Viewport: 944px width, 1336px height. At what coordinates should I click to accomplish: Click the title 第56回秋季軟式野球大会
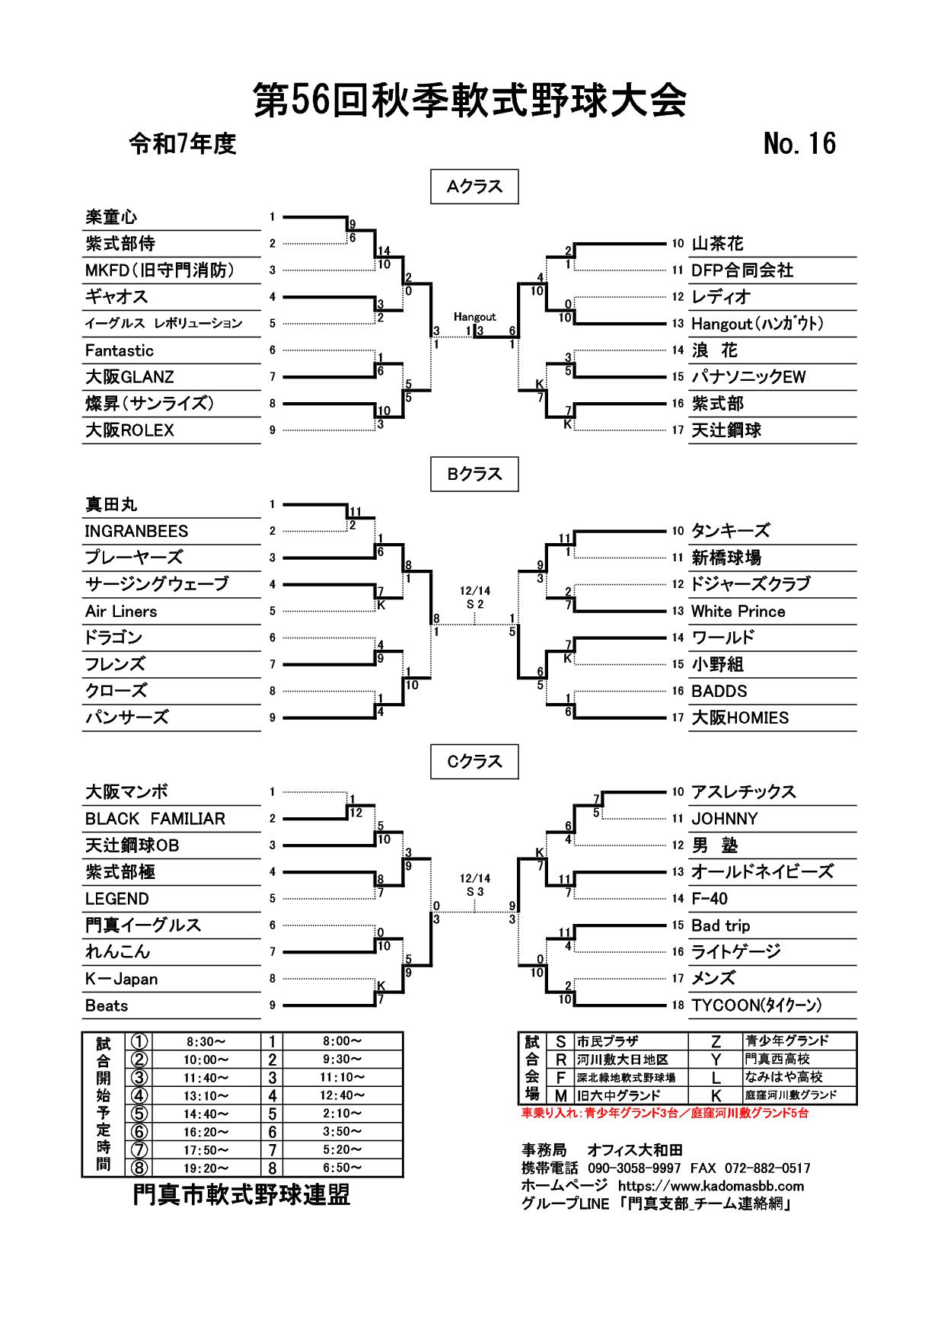coord(470,101)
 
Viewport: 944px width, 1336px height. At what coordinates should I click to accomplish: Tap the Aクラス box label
coord(474,187)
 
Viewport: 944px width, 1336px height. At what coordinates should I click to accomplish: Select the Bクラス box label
coord(474,474)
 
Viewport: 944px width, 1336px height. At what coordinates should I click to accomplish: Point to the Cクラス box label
coord(474,762)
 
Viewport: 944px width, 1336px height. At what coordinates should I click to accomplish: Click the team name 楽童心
coord(111,217)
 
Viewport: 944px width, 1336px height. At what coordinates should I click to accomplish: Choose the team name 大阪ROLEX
coord(129,430)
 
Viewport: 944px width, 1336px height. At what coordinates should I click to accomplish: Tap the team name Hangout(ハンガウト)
coord(757,324)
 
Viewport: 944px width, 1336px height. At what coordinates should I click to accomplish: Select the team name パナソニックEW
coord(748,377)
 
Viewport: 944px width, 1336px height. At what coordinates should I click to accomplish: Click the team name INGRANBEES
coord(136,531)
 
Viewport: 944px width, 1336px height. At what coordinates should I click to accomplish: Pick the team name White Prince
coord(738,611)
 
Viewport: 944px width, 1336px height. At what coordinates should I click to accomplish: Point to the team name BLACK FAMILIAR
coord(155,819)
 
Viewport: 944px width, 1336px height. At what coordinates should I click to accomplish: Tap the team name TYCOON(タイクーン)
coord(756,1005)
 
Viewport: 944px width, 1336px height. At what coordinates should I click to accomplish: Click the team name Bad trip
coord(720,925)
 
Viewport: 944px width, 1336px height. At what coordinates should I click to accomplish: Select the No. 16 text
coord(799,143)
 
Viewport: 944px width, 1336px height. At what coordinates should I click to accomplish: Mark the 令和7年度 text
coord(183,144)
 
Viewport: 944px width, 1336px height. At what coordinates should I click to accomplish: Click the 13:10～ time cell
coord(206,1096)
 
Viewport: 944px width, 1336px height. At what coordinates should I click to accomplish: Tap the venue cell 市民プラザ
coord(608,1041)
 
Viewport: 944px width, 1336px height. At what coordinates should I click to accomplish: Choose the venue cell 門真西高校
coord(777,1060)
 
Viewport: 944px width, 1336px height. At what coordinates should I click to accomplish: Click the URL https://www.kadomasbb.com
coord(710,1186)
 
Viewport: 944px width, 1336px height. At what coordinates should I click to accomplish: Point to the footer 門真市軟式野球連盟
coord(241,1195)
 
